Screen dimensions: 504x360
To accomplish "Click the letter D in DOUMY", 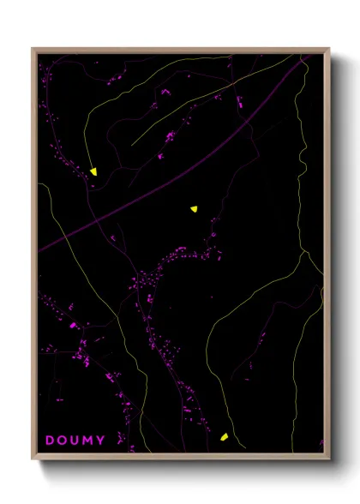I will coord(50,441).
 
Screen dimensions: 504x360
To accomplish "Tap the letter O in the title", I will coord(63,441).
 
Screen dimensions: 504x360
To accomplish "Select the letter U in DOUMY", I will coord(76,441).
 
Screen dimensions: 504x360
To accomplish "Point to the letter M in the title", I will coord(89,441).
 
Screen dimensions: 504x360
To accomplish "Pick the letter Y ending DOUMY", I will coord(102,441).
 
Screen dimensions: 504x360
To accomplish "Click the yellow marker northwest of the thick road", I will coord(93,171).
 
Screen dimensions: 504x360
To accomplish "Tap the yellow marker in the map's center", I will coord(195,207).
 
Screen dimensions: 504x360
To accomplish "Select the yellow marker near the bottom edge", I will coord(224,437).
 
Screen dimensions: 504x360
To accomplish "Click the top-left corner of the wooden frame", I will coord(33,49).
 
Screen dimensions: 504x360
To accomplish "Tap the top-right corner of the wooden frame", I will coord(329,49).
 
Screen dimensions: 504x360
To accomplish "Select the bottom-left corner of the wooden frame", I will coord(33,460).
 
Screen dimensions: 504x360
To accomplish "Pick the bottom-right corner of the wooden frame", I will coord(329,460).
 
